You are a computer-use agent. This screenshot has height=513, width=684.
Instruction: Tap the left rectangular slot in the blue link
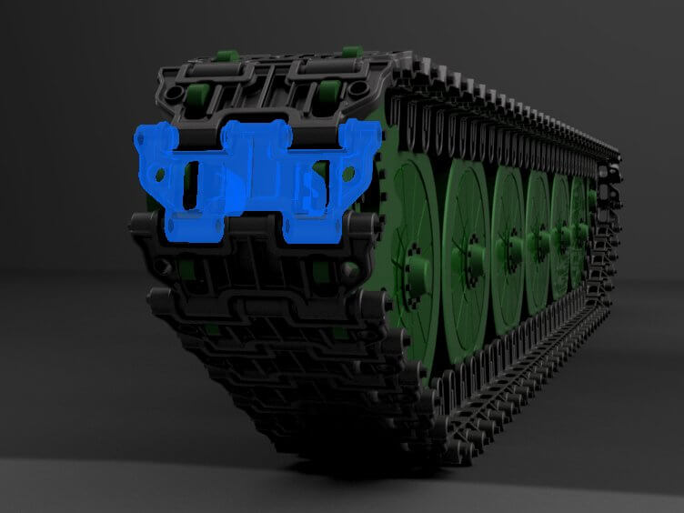pyautogui.click(x=192, y=186)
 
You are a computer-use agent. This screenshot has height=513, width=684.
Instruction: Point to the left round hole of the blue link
pyautogui.click(x=161, y=172)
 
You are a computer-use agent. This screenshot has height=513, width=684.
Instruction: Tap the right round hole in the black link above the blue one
pyautogui.click(x=362, y=88)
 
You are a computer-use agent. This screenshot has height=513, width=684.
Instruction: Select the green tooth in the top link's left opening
pyautogui.click(x=195, y=93)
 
